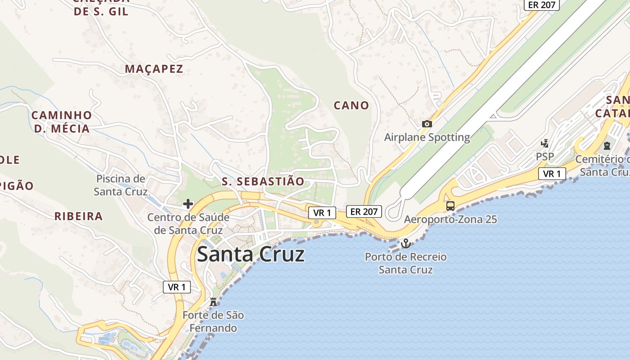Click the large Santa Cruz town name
(x=251, y=255)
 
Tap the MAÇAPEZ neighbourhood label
(x=154, y=69)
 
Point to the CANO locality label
(x=351, y=105)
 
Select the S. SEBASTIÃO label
(x=263, y=181)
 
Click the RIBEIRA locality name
(x=79, y=216)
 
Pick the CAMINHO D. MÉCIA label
(x=62, y=122)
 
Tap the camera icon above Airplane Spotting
(x=427, y=124)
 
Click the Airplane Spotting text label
(x=427, y=137)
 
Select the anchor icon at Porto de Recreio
(x=406, y=243)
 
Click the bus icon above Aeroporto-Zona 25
(x=450, y=206)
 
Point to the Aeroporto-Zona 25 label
(x=450, y=220)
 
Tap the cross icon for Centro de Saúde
(x=188, y=204)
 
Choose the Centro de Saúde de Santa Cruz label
(x=188, y=224)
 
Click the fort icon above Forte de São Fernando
(x=213, y=301)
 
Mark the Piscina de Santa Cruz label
(x=121, y=185)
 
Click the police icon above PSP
(x=544, y=144)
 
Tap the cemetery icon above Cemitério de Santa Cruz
(x=607, y=146)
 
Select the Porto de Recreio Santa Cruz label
(x=405, y=263)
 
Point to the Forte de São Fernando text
(x=213, y=321)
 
